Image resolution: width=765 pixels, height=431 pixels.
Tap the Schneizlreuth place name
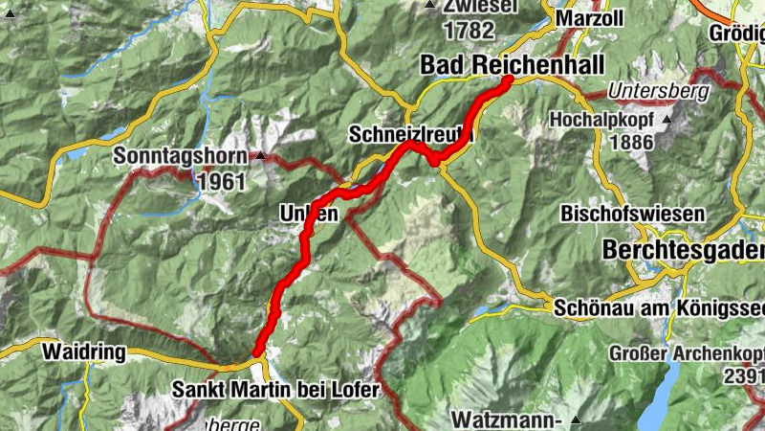[407, 133]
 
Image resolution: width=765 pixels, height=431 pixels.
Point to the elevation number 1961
[222, 180]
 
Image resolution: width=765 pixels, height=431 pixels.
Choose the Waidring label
[83, 352]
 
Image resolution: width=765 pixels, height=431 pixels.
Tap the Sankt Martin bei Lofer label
[276, 390]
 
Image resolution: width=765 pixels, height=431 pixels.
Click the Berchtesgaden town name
[683, 250]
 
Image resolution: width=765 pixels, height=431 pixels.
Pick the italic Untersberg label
[658, 93]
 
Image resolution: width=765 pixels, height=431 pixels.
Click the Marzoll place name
[589, 19]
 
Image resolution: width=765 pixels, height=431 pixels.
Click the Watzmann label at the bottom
[505, 420]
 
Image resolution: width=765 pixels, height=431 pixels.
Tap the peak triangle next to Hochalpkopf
[666, 121]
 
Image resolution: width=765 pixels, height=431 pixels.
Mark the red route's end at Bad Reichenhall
[507, 80]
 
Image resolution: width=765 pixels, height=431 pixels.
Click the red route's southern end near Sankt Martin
[257, 352]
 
